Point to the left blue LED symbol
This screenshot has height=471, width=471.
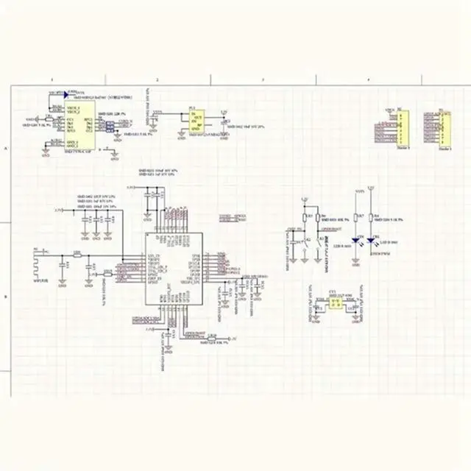click(356, 240)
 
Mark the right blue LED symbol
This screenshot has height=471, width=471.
click(373, 240)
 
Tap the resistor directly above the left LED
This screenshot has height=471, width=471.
click(356, 217)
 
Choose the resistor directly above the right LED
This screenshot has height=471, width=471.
click(373, 217)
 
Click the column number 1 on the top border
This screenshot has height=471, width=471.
click(51, 79)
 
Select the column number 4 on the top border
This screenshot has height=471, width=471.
click(369, 79)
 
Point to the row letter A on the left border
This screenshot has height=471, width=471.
click(7, 148)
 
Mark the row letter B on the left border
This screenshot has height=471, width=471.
click(7, 297)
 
